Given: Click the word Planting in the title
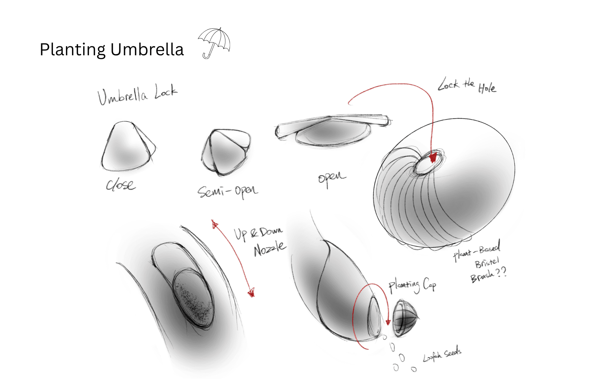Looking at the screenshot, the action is click(x=73, y=50).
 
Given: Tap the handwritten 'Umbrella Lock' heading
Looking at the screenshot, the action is click(x=138, y=94).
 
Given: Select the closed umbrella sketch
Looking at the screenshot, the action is click(x=127, y=147).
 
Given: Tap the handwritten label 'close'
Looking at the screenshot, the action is click(x=120, y=184).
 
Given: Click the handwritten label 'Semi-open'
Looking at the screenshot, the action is click(x=227, y=191).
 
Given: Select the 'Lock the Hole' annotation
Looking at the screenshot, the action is click(x=467, y=86).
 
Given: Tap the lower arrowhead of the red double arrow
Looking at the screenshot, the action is click(x=251, y=292).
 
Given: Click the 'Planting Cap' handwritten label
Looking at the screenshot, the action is click(x=412, y=285).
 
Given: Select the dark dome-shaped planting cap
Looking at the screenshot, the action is click(x=404, y=318).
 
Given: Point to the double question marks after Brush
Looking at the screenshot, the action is click(x=501, y=272).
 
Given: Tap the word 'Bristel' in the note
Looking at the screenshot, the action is click(x=486, y=262).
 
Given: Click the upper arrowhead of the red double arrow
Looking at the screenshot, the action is click(x=215, y=225).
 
